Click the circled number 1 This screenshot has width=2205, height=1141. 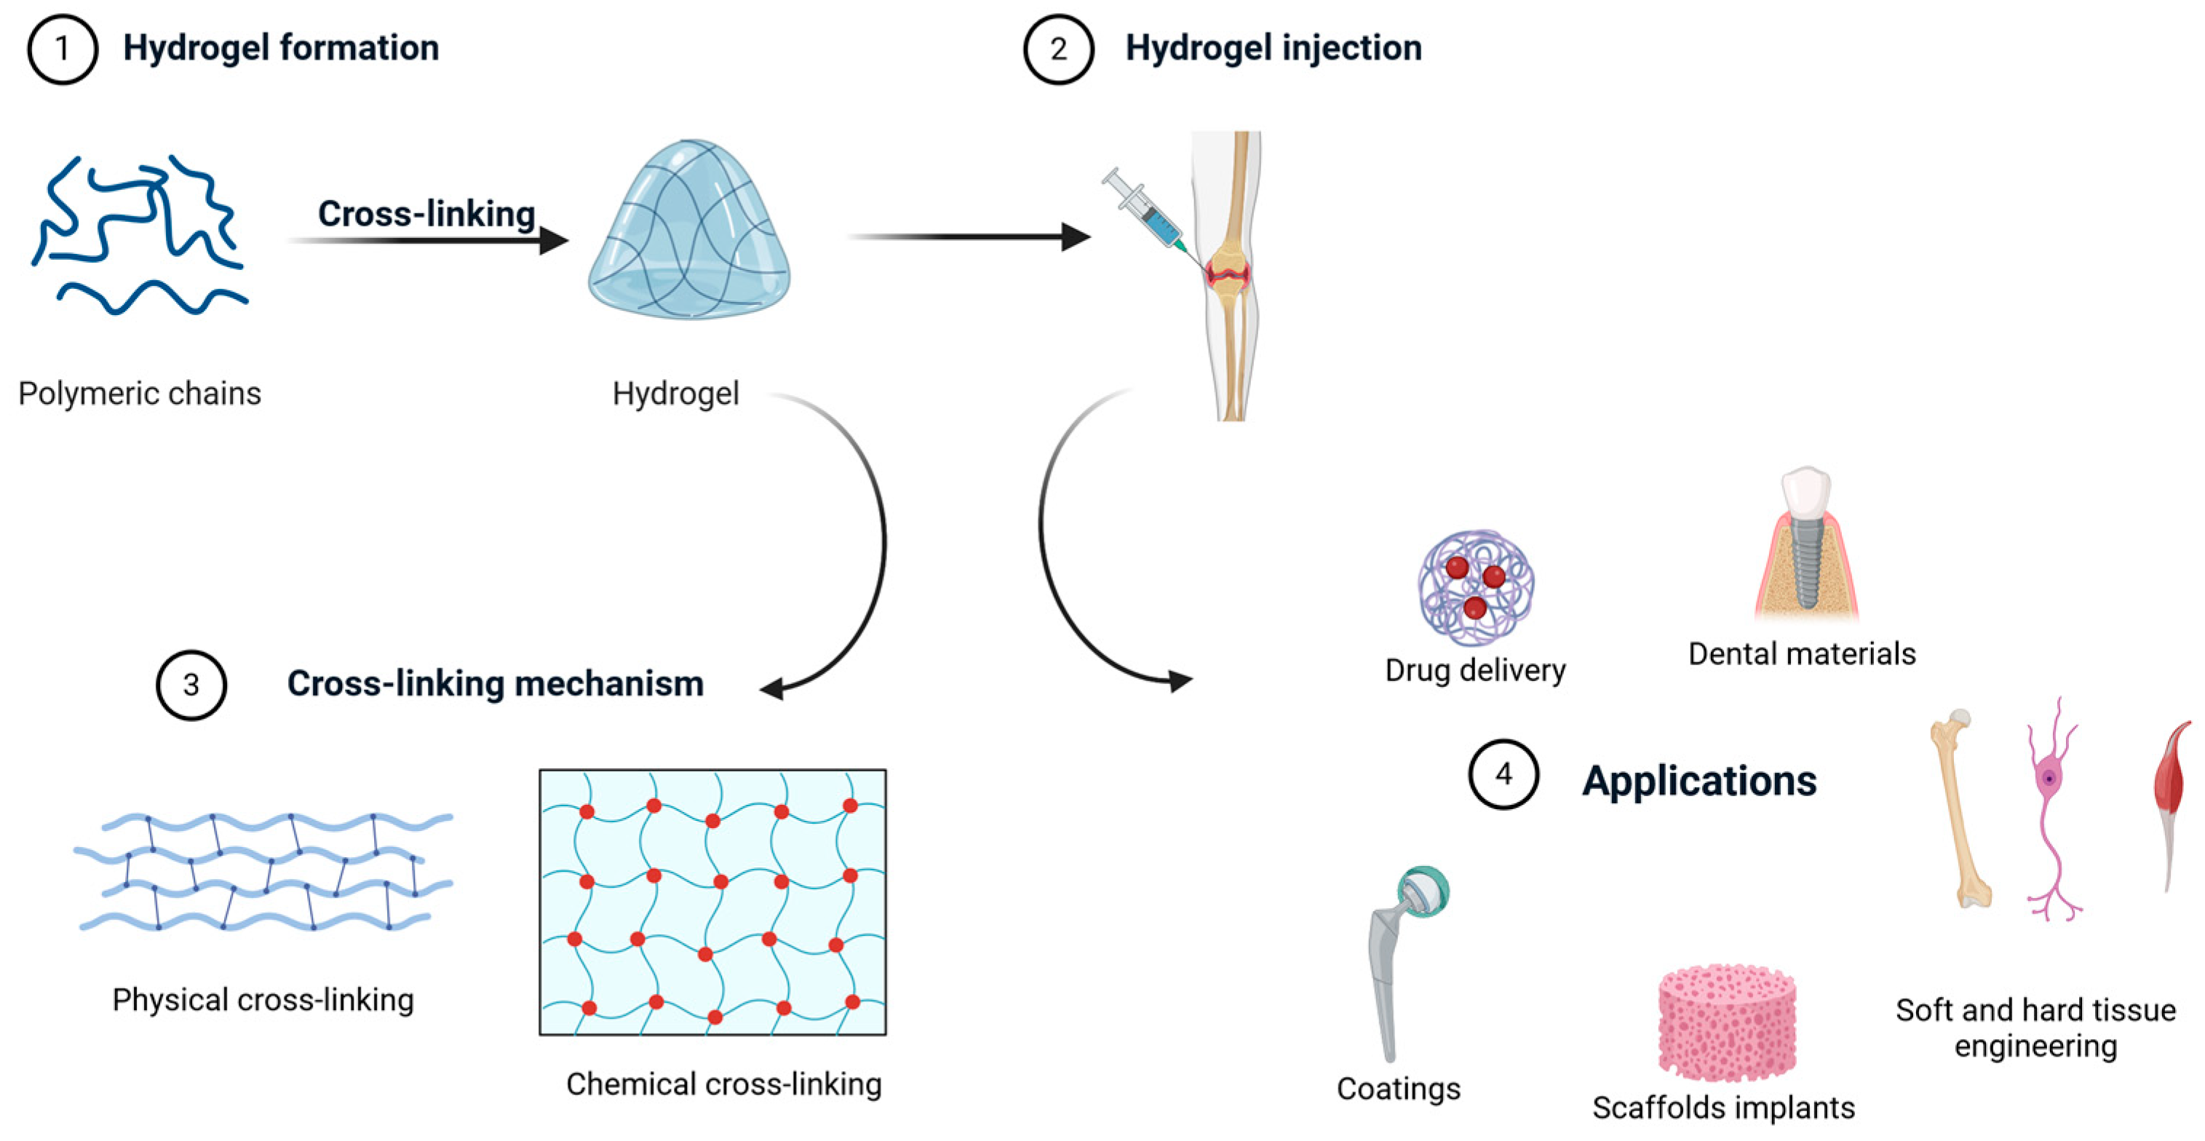62,49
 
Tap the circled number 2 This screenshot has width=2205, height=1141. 1058,49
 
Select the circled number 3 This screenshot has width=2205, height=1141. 191,685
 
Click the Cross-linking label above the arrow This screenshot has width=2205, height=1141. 426,214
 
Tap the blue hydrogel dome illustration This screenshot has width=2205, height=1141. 690,231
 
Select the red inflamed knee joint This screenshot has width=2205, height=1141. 1229,274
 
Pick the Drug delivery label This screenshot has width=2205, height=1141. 1475,670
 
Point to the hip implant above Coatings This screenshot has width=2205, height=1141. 1404,958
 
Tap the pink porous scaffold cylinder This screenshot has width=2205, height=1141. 1726,1023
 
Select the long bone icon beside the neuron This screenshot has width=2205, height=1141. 1960,809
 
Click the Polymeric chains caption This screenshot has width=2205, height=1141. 140,394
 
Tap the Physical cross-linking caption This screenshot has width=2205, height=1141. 263,1000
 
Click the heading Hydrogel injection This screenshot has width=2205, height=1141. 1273,48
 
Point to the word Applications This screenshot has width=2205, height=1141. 1699,781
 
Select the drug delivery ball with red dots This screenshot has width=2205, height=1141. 1475,587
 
